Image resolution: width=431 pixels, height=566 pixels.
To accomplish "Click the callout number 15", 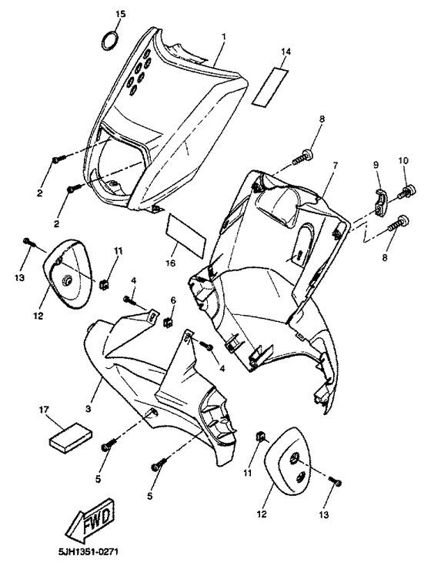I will pos(119,14).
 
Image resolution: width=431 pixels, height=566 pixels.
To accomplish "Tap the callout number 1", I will pos(223,36).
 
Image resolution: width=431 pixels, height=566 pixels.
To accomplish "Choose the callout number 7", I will pos(335,166).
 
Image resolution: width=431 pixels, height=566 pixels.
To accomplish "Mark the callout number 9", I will pos(376,164).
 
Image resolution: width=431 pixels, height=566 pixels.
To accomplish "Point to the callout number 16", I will pos(171,263).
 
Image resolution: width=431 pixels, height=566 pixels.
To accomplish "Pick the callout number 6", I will pos(173,299).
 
